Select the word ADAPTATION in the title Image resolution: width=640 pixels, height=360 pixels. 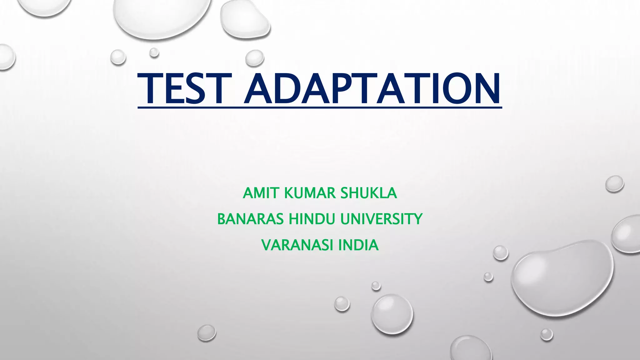point(372,89)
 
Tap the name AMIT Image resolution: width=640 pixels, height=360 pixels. point(260,193)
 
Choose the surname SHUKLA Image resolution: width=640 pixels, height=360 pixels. point(369,193)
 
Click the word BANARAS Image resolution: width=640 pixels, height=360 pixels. point(250,219)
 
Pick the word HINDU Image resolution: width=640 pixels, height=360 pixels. point(312,219)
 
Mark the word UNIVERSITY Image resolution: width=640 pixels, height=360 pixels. point(381,219)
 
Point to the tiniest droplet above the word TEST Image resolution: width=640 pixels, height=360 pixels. point(154,52)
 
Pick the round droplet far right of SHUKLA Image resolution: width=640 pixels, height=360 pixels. point(615,184)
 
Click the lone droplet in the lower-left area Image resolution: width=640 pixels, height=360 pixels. point(207,332)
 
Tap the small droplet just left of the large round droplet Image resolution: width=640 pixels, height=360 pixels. point(342,304)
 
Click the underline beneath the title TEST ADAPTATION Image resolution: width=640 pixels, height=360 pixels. point(320,108)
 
